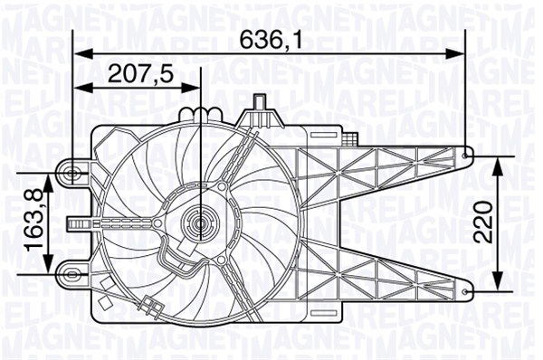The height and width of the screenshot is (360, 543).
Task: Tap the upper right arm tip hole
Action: click(x=466, y=156)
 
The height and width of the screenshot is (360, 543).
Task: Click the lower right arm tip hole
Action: click(x=466, y=290)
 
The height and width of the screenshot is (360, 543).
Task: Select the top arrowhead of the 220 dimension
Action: click(x=497, y=161)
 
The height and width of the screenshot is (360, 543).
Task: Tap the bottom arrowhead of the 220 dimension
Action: click(x=497, y=285)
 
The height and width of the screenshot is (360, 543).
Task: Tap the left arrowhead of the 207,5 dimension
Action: click(x=78, y=88)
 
